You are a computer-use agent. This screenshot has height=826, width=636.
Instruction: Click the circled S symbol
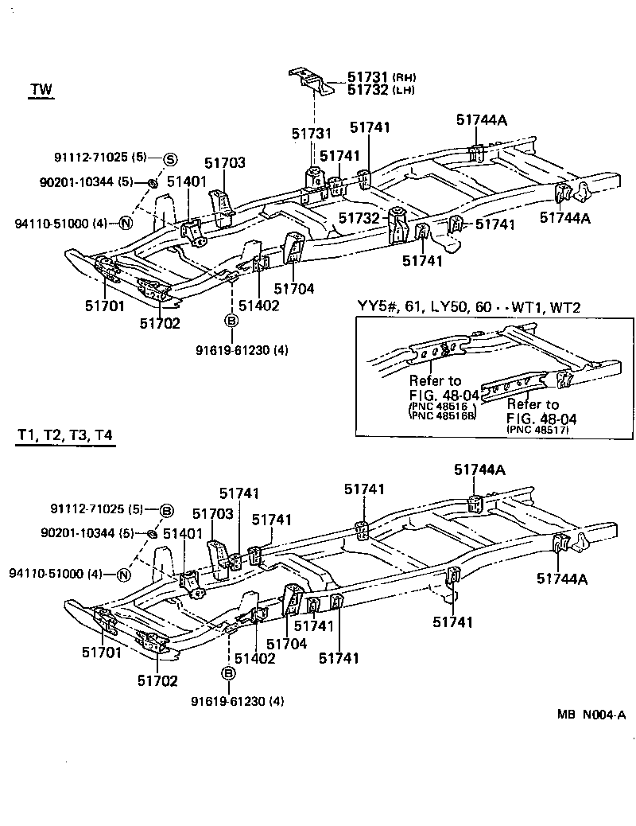(170, 159)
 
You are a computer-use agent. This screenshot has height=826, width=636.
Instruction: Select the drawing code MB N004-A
(591, 715)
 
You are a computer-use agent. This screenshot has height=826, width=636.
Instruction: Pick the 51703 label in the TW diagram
(225, 163)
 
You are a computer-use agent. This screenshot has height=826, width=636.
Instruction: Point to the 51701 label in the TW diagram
(103, 304)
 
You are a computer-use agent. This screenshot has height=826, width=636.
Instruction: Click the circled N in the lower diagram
(124, 575)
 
